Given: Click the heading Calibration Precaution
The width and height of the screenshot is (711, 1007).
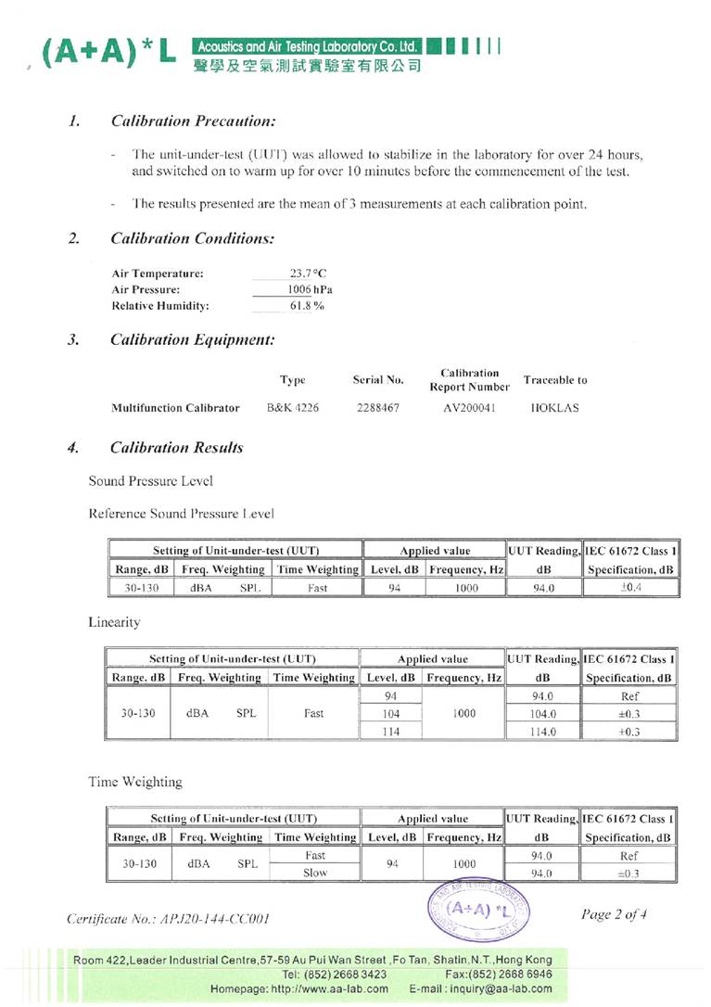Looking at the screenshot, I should [193, 121].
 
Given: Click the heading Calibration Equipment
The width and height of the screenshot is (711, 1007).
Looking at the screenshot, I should [192, 339].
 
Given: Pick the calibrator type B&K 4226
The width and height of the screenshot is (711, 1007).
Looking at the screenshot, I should [292, 407].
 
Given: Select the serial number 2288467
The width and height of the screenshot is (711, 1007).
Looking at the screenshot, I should [378, 407].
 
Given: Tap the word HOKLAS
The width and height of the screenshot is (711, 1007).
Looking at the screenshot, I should [554, 407].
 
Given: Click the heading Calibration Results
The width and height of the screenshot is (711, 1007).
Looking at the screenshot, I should [176, 448].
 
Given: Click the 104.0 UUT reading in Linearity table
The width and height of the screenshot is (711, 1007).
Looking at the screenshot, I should [541, 714].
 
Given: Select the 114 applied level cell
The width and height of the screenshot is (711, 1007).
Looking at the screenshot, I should [389, 731].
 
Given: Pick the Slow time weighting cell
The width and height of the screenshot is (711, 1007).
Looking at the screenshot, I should [315, 873].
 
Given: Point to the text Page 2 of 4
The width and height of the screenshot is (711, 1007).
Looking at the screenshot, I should [613, 914].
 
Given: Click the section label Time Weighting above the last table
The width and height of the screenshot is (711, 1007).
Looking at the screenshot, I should [135, 782].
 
